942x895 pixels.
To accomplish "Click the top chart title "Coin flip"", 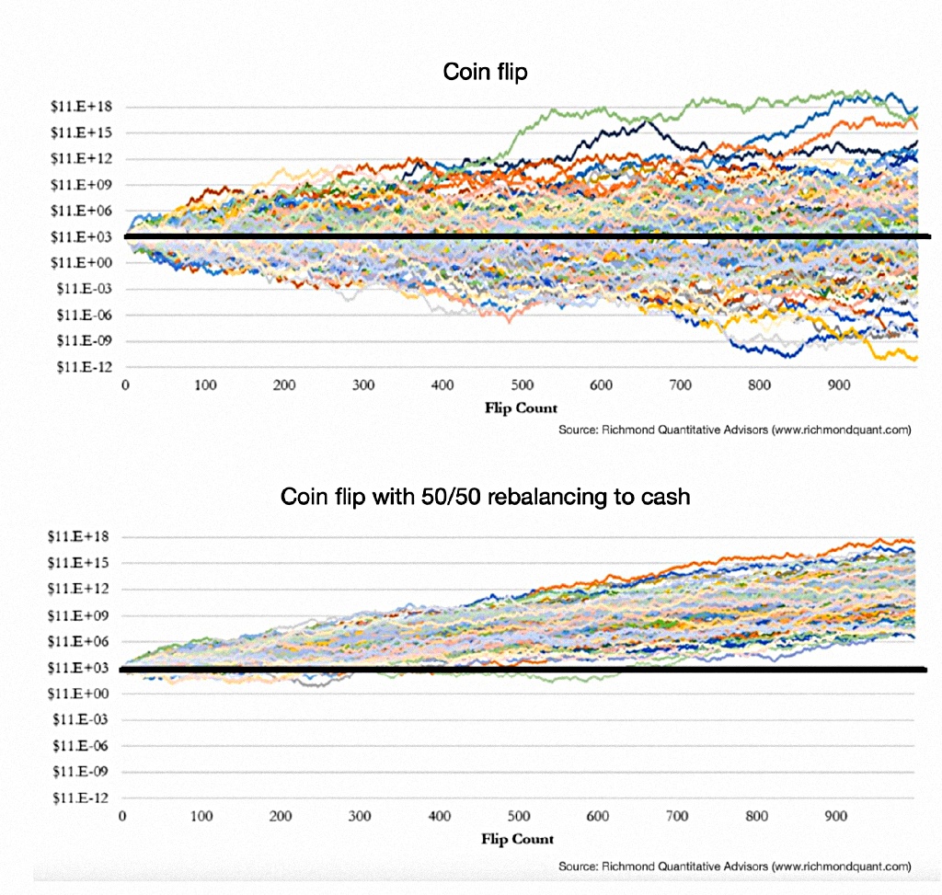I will point(485,72).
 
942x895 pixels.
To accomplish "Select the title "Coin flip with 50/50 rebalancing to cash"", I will point(485,497).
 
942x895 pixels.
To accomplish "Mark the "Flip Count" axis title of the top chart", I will point(521,408).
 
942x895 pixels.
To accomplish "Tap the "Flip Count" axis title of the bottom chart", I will point(518,839).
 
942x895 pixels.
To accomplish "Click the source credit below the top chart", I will point(734,430).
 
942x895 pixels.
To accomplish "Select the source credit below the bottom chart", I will point(734,866).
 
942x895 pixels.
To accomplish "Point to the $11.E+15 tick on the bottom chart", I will point(83,562).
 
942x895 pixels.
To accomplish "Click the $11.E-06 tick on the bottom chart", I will point(83,745).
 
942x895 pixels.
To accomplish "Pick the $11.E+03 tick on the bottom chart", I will point(83,667).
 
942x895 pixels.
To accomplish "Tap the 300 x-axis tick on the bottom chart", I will point(361,816).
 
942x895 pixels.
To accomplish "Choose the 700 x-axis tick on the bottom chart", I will point(678,816).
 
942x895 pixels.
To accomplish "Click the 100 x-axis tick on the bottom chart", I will point(202,816).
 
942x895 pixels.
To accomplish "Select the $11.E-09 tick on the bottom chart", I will point(83,771).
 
